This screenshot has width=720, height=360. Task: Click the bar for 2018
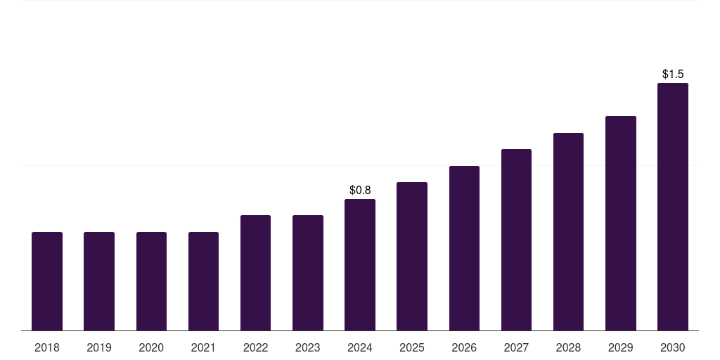pyautogui.click(x=47, y=281)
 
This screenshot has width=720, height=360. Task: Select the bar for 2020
pyautogui.click(x=151, y=281)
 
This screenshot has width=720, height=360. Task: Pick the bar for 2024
pyautogui.click(x=360, y=265)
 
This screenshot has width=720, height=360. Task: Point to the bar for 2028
pyautogui.click(x=568, y=232)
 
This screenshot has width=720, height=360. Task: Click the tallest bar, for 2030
pyautogui.click(x=673, y=207)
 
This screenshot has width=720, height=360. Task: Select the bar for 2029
pyautogui.click(x=621, y=224)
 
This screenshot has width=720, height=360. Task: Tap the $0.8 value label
pyautogui.click(x=360, y=190)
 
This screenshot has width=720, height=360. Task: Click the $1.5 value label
pyautogui.click(x=673, y=74)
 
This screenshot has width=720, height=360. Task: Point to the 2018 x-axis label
pyautogui.click(x=47, y=347)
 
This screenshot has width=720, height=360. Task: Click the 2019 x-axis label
pyautogui.click(x=99, y=347)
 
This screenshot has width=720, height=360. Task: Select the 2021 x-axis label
pyautogui.click(x=203, y=347)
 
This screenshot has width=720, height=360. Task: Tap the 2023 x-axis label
pyautogui.click(x=308, y=347)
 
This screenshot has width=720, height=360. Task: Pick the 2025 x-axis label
pyautogui.click(x=412, y=347)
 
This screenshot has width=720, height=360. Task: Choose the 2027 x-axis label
pyautogui.click(x=516, y=347)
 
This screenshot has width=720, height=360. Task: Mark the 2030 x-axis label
pyautogui.click(x=673, y=347)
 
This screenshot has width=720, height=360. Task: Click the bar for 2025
pyautogui.click(x=412, y=257)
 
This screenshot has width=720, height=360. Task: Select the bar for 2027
pyautogui.click(x=516, y=240)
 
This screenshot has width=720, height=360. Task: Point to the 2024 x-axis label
pyautogui.click(x=360, y=347)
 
